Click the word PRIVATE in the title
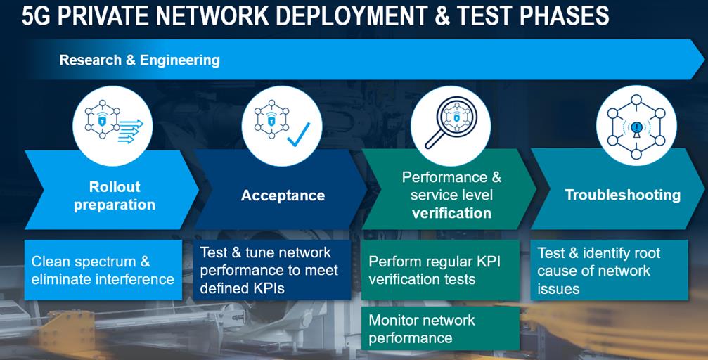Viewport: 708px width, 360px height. [x=108, y=15]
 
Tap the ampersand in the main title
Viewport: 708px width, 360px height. [x=442, y=15]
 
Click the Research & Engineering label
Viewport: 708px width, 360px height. [x=139, y=60]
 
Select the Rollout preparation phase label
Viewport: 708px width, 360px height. [x=115, y=195]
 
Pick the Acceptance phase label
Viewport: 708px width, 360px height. [x=283, y=195]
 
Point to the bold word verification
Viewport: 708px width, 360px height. [x=451, y=212]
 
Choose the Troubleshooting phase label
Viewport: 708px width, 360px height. [x=622, y=195]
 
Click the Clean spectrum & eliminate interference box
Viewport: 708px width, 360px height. [x=103, y=271]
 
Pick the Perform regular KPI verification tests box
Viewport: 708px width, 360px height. [x=440, y=271]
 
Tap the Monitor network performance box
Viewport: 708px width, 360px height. [x=440, y=328]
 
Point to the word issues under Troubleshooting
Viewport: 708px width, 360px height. [x=558, y=288]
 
